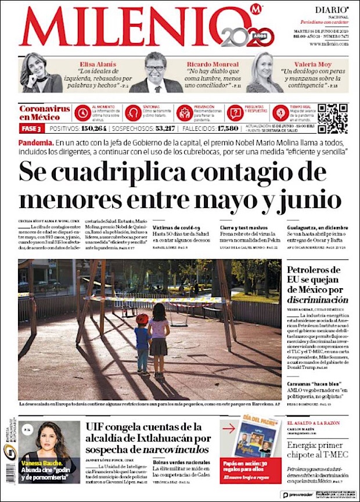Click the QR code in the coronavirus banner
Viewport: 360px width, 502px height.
pos(332,119)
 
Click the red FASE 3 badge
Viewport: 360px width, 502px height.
pos(31,128)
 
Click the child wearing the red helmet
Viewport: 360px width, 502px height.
pos(142,341)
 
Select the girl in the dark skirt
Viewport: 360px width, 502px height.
pos(158,337)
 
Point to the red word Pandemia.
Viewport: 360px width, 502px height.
pos(36,142)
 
